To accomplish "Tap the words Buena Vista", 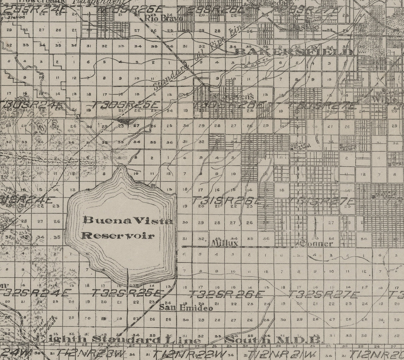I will (128, 220).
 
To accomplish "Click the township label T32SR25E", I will (126, 294).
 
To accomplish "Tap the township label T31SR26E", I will (228, 201).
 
